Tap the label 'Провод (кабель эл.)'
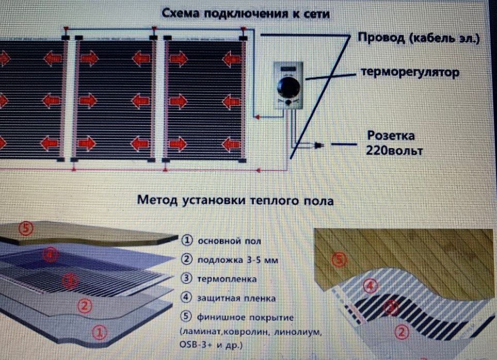pos(418,39)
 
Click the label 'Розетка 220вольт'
pos(394,143)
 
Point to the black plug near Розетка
pos(319,146)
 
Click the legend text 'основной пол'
pos(222,241)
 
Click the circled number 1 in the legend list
pos(187,241)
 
